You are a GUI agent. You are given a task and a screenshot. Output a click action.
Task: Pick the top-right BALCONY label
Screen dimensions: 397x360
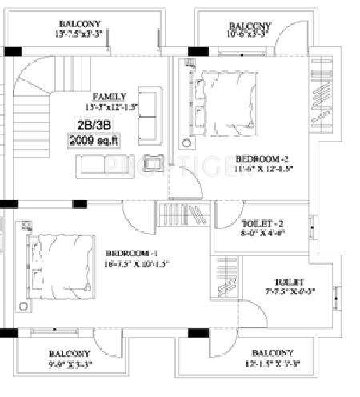(x=250, y=25)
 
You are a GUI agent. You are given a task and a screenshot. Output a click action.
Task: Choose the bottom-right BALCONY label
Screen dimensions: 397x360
(x=271, y=353)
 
